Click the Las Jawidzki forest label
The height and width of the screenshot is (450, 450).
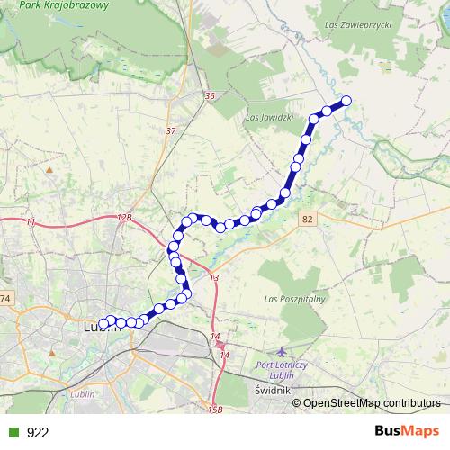click(x=269, y=116)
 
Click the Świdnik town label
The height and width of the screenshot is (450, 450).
click(x=271, y=391)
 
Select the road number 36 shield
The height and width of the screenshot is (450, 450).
click(x=210, y=96)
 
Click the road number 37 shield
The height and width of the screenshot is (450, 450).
click(x=171, y=131)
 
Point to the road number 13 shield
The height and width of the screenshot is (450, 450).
click(x=214, y=279)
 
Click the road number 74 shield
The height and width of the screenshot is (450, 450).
click(x=6, y=298)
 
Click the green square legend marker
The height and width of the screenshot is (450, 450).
click(x=11, y=432)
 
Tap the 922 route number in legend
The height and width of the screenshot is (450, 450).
click(x=38, y=432)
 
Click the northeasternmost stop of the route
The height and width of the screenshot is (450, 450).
click(x=345, y=102)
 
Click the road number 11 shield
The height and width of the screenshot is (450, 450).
click(x=31, y=222)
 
